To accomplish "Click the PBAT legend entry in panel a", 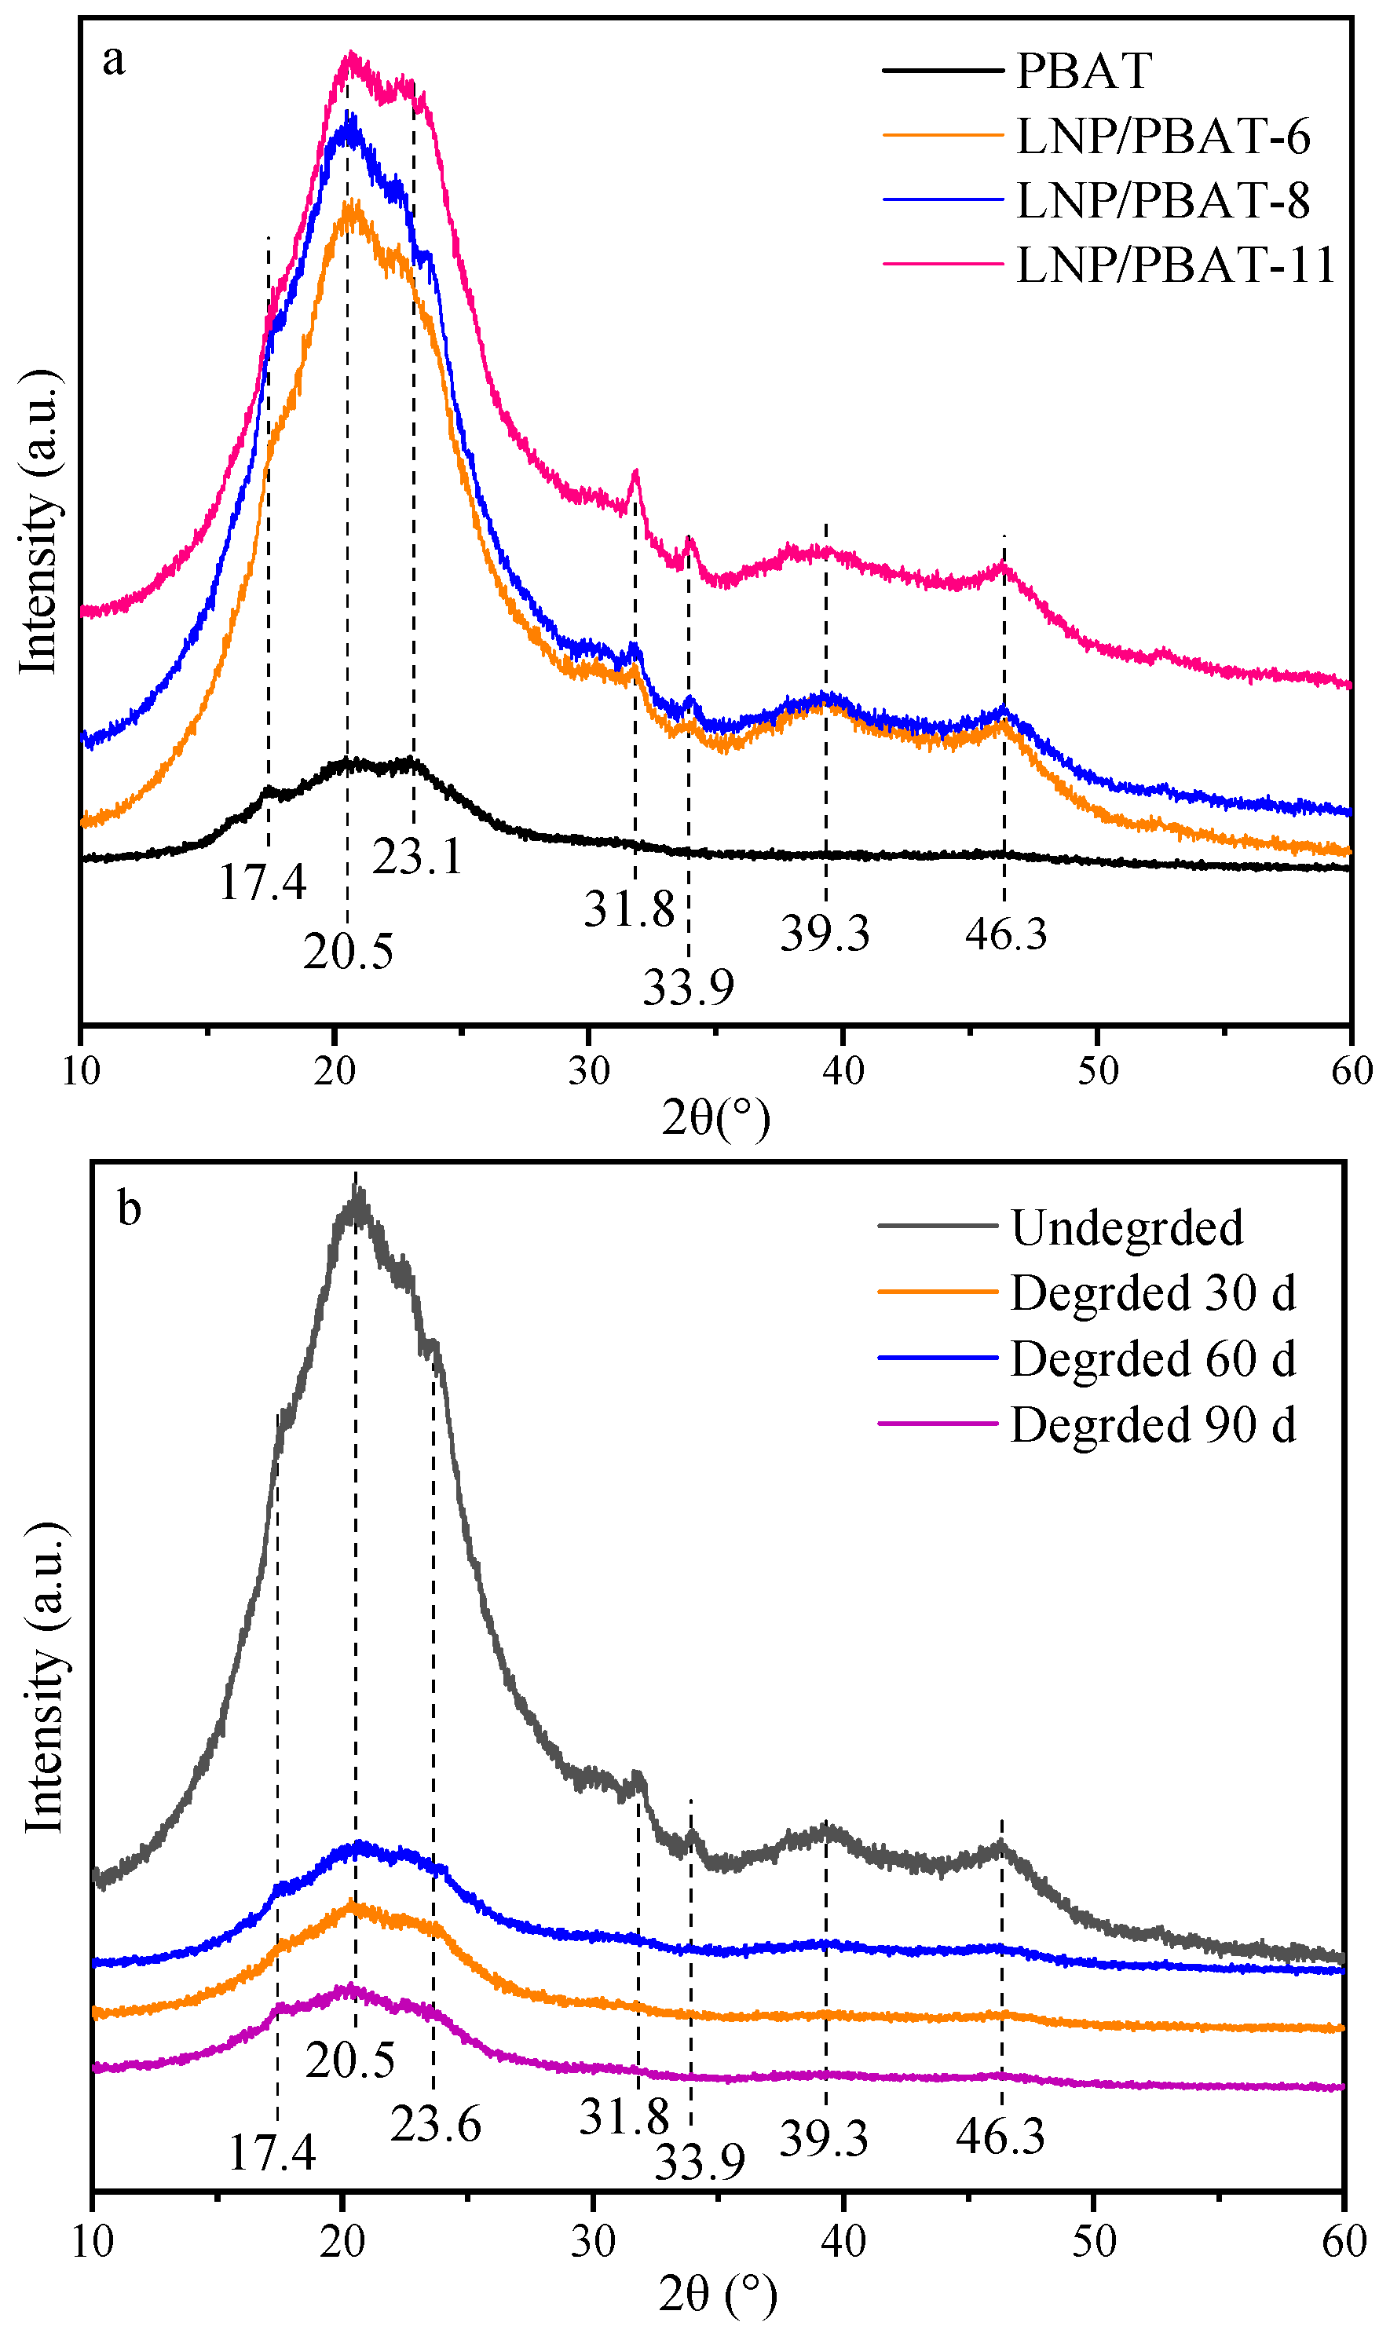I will click(x=1084, y=71).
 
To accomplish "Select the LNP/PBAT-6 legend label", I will click(x=1162, y=137).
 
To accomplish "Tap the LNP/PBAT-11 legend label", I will click(x=1176, y=265).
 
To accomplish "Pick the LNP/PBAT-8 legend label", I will click(x=1162, y=200).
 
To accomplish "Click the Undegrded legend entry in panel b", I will click(x=1127, y=1227).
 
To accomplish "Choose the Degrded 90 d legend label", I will click(x=1153, y=1425).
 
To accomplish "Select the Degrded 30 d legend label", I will click(x=1153, y=1293).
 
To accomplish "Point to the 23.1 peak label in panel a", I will click(x=418, y=857).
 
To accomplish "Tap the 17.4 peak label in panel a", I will click(x=262, y=882).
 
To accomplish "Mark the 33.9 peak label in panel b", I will click(x=700, y=2161).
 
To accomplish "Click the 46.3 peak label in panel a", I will click(x=1006, y=934).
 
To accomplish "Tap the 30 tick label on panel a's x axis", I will click(x=589, y=1070).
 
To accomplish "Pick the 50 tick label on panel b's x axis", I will click(x=1094, y=2242).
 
